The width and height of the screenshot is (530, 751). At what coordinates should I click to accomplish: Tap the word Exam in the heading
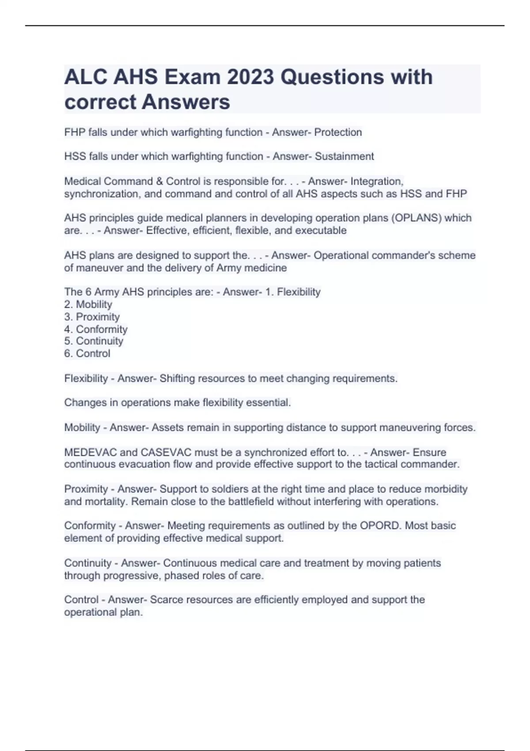pos(192,77)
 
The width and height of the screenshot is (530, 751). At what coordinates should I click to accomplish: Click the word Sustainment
pos(344,156)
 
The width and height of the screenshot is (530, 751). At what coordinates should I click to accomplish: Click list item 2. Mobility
pos(88,304)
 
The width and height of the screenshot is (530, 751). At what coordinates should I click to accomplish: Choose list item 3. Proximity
pos(92,317)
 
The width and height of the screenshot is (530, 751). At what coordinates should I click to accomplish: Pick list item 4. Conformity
pos(96,329)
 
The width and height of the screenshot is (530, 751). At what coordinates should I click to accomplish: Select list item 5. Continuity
pos(94,341)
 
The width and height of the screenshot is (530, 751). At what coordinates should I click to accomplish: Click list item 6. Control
pos(87,353)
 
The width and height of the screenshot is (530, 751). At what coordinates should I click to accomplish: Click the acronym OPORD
pos(380,526)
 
